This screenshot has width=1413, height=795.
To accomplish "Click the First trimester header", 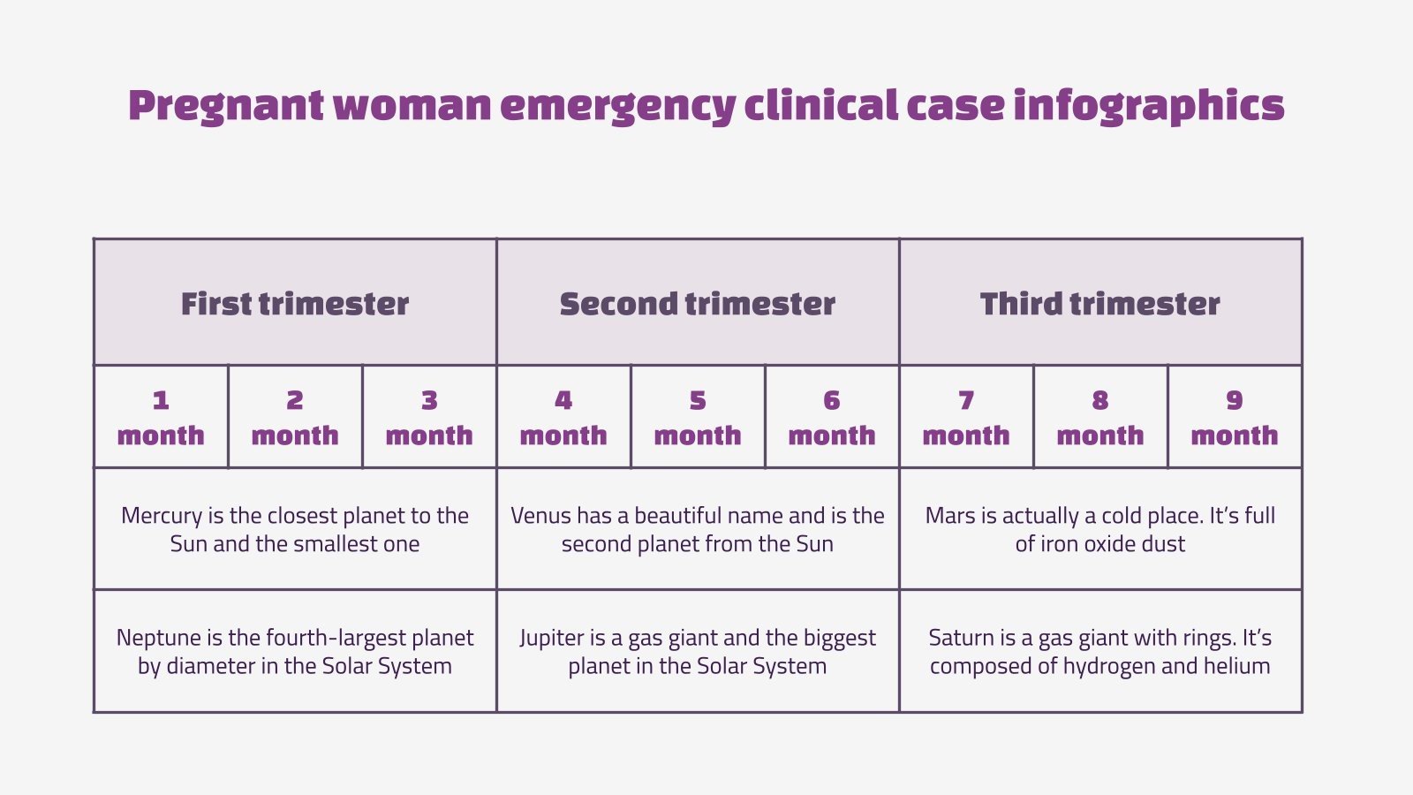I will (295, 303).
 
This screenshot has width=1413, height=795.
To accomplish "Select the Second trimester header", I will (698, 303).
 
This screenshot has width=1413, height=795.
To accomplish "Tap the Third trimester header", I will (1100, 303).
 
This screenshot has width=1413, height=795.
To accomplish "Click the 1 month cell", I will (161, 417).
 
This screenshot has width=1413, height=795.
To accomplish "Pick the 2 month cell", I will (295, 417).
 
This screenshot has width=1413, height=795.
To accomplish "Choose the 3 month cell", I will (429, 417).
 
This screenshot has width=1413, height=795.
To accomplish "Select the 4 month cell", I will (563, 417).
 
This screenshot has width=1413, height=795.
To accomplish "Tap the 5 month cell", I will (698, 417).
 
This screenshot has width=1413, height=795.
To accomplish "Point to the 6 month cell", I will (832, 417).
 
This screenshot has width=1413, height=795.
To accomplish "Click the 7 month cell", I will (966, 417).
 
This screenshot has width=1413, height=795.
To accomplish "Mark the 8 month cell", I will (1100, 417).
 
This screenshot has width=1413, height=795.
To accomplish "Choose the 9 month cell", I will (1235, 417).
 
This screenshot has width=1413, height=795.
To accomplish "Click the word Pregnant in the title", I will (226, 105).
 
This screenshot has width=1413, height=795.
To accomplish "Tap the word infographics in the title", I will (1148, 105).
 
